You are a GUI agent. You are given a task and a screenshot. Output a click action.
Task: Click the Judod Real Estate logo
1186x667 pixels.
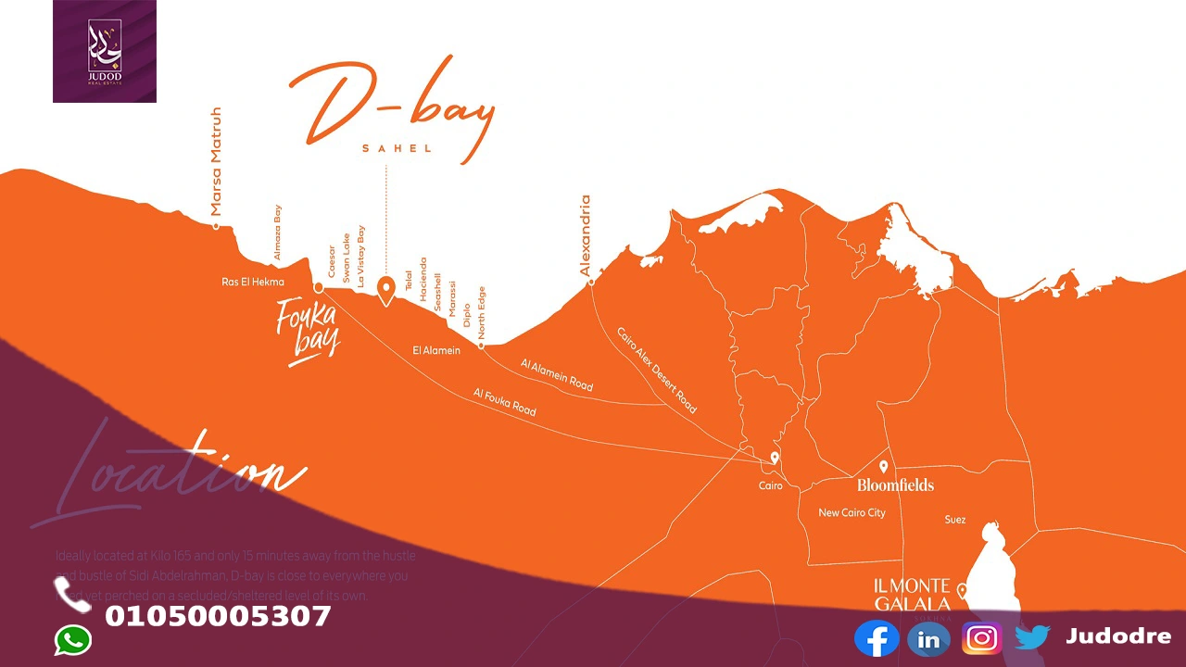[x=105, y=51]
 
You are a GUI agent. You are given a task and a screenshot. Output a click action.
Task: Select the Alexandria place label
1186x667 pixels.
[x=585, y=235]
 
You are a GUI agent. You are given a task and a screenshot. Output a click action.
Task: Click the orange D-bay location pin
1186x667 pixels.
[x=386, y=290]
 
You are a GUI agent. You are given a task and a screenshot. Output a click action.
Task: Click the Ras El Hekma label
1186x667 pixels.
[x=253, y=282]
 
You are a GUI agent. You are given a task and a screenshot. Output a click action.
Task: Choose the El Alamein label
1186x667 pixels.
[x=436, y=350]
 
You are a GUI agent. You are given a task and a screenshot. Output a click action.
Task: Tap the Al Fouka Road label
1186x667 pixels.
[x=505, y=402]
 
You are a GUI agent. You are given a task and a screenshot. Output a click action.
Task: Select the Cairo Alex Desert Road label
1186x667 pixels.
[x=657, y=370]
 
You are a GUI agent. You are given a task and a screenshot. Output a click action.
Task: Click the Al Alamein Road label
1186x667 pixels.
[x=557, y=374]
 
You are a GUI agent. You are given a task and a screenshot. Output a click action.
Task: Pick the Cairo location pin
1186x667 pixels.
[x=775, y=459]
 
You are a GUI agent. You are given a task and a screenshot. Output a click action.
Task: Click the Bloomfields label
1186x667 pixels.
[x=895, y=485]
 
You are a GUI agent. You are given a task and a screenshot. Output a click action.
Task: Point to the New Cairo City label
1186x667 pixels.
[x=852, y=512]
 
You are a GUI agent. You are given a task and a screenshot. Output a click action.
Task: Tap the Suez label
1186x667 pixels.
[x=955, y=520]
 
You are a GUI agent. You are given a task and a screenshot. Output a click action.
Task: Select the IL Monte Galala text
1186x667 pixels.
[x=913, y=595]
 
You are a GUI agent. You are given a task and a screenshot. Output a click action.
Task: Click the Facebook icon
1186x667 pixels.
[x=877, y=638]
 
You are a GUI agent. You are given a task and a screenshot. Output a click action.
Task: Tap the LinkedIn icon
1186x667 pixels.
[x=928, y=639]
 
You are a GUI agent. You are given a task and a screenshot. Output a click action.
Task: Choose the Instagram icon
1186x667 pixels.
[x=982, y=638]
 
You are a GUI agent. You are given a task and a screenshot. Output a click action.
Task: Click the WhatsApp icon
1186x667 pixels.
[x=73, y=640]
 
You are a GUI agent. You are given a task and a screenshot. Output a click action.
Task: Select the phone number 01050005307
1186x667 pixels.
[x=218, y=617]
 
